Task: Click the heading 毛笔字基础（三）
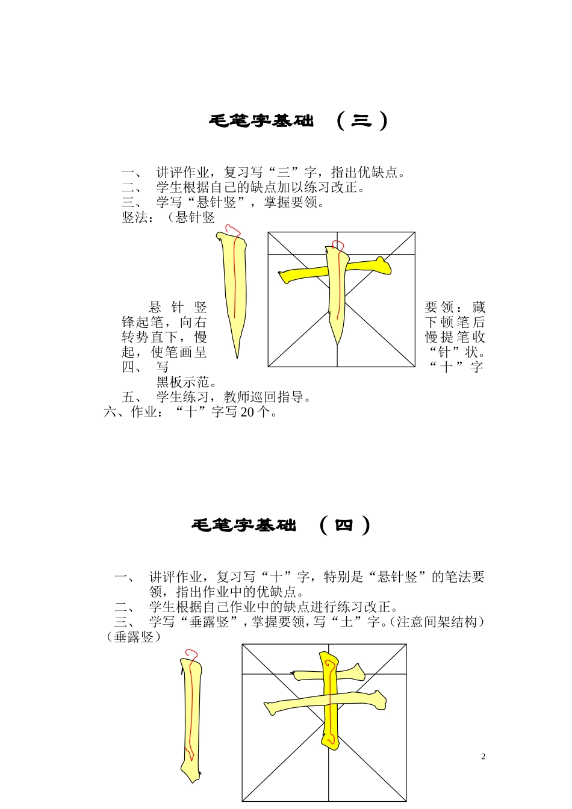298,121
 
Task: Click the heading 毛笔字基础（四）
281,525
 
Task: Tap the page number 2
483,757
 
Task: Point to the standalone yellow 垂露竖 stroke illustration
191,716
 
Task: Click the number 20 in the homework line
247,412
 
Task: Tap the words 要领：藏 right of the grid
455,307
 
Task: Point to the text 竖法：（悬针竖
168,217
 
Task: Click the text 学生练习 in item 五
183,397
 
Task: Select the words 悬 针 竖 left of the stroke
178,307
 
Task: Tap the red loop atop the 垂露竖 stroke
191,654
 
